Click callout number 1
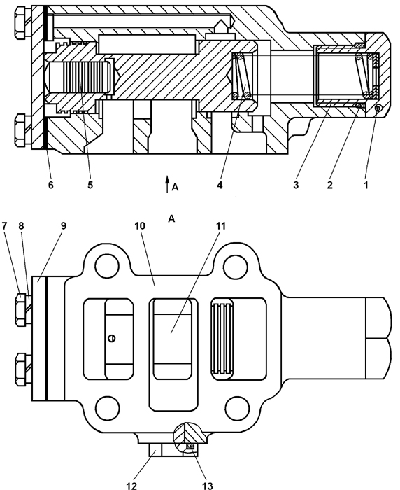point(366,185)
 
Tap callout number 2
point(330,185)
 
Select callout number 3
point(296,185)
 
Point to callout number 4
point(220,185)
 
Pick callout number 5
point(90,185)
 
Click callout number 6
point(50,185)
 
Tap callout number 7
point(4,225)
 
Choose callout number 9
point(64,225)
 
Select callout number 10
point(140,225)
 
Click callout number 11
point(220,225)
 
